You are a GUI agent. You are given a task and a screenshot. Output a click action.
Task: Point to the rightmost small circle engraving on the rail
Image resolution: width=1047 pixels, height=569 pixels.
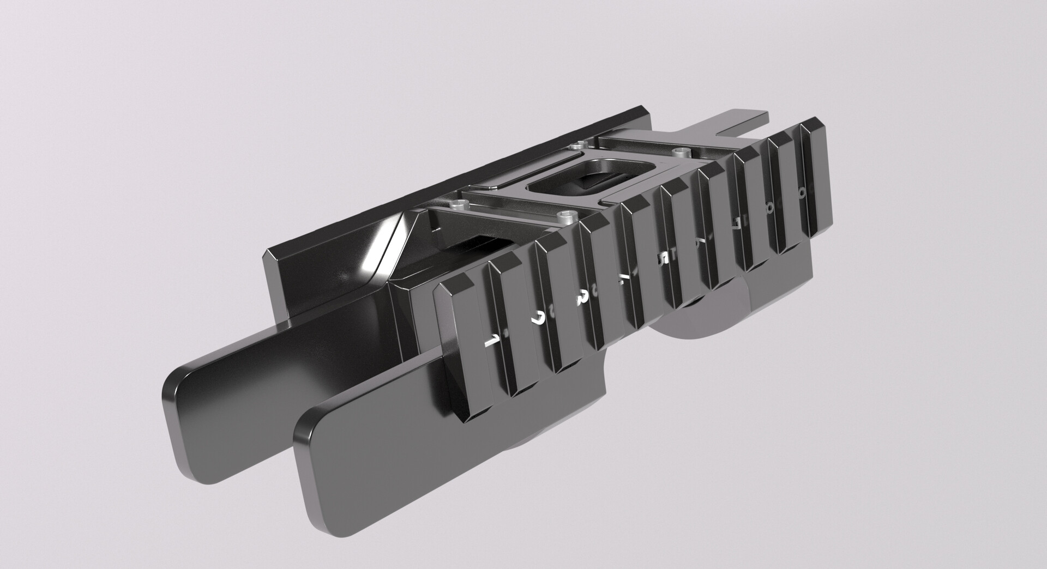(x=802, y=193)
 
